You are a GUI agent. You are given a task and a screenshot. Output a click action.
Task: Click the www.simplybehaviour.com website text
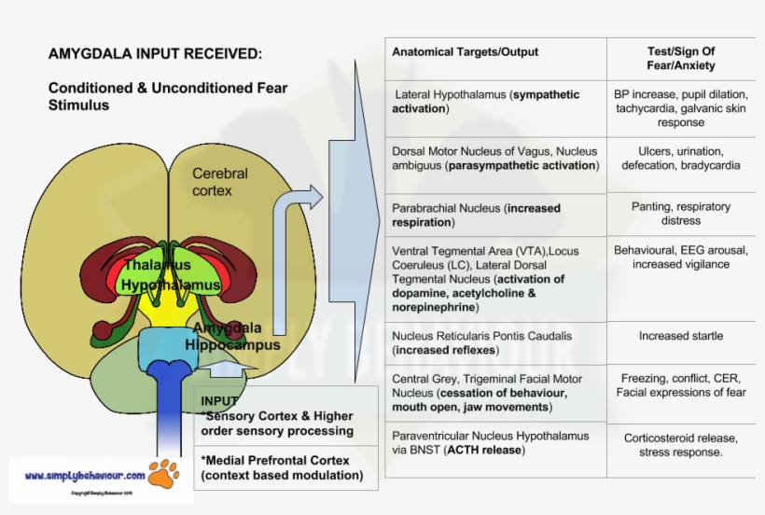[x=85, y=475]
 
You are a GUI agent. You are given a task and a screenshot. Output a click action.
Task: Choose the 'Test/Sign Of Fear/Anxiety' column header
[x=680, y=58]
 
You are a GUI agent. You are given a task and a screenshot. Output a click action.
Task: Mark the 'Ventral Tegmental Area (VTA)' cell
[x=494, y=278]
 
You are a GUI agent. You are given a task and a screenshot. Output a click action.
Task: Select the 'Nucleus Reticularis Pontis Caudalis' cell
[x=482, y=342]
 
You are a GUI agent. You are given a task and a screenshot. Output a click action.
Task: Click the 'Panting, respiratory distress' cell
[x=680, y=214]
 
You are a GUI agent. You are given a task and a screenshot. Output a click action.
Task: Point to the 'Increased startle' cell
[x=680, y=336]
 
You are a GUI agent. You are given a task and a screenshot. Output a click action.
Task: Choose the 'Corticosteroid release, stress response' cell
[x=680, y=444]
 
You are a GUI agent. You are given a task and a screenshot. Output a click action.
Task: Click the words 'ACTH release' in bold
[x=484, y=450]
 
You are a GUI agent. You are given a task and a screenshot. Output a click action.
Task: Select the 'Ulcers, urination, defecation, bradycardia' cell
[x=680, y=158]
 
